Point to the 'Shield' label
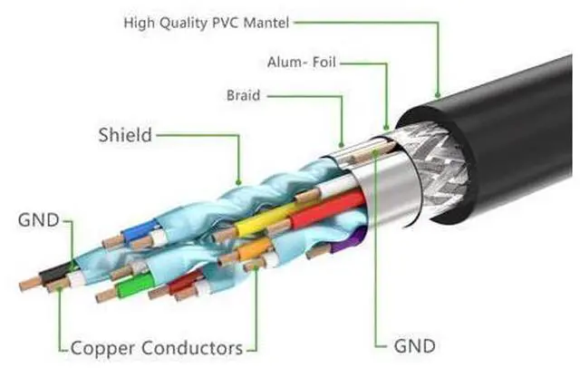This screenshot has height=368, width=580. tap(124, 135)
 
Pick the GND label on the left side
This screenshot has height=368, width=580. tap(37, 219)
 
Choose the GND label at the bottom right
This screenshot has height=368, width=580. tap(414, 345)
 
